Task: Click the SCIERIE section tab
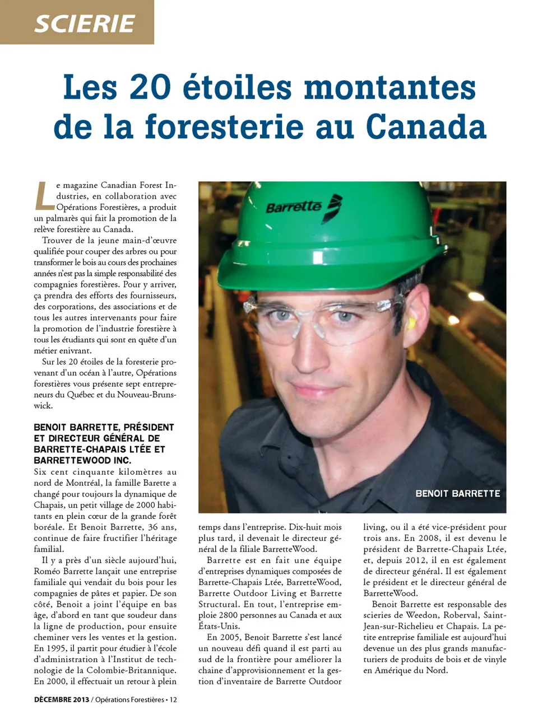click(84, 23)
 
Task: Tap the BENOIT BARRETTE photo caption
click(457, 493)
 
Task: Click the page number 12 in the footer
click(173, 699)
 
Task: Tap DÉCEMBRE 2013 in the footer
click(61, 699)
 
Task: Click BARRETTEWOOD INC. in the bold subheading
click(82, 460)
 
